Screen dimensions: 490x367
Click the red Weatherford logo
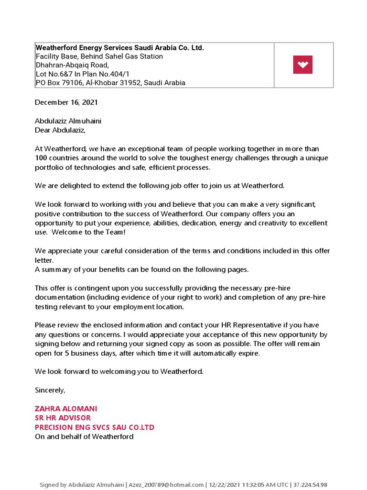302,65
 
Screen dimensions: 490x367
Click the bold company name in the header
120,48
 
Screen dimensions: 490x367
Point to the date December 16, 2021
66,102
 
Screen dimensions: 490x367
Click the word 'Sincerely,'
50,390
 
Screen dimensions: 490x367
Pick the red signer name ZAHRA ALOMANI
66,409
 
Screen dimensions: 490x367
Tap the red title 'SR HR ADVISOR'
63,418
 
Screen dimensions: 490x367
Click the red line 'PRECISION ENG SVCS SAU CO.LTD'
95,427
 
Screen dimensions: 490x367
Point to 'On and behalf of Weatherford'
84,436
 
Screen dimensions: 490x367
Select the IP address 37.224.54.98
310,485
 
